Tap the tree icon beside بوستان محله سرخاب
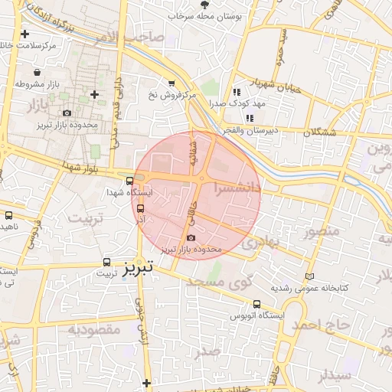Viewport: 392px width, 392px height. click(x=204, y=5)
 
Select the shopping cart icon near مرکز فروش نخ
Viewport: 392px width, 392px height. click(x=171, y=83)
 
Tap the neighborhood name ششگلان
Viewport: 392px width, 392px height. click(x=318, y=132)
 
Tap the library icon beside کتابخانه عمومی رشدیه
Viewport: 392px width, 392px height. click(x=309, y=276)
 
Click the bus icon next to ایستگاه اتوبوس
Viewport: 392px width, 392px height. click(x=256, y=304)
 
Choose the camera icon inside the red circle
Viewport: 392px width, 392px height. click(x=191, y=238)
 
